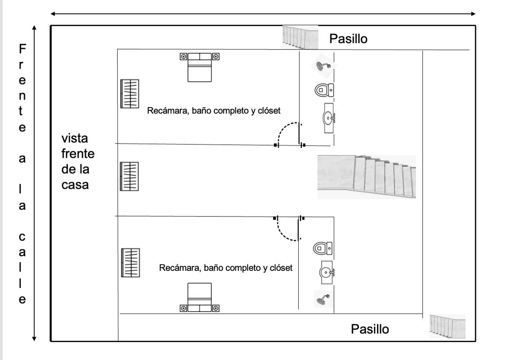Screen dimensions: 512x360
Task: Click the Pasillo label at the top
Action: pos(348,39)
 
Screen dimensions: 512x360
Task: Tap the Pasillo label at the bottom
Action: pos(370,329)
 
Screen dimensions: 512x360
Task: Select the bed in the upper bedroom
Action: pos(200,67)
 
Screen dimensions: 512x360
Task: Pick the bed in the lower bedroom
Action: pos(200,297)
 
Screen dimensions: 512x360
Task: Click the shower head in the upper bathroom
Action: pos(323,66)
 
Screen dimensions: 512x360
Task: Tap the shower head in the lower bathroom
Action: pos(323,299)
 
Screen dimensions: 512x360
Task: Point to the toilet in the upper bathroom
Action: pos(324,90)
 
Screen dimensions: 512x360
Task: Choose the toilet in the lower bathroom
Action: pos(323,248)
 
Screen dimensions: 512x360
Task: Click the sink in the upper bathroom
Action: pos(329,118)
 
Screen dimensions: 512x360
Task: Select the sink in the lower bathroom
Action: pos(327,273)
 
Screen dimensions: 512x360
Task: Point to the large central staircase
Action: pos(366,177)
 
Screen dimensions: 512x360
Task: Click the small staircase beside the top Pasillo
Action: pos(300,37)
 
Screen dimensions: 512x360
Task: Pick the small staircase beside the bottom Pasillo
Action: pos(448,327)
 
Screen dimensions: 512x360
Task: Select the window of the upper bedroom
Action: pos(130,93)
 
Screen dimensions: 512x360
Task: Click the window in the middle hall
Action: pos(129,176)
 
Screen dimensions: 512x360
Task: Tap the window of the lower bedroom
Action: pos(131,263)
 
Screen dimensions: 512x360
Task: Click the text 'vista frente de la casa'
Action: pos(78,162)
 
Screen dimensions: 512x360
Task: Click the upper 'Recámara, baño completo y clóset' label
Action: pos(214,111)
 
